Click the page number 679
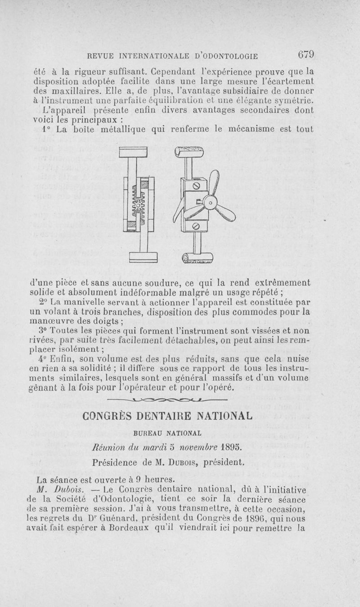305,55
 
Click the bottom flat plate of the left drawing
143,257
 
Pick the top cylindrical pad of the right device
189,154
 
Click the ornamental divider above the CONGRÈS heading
174,399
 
